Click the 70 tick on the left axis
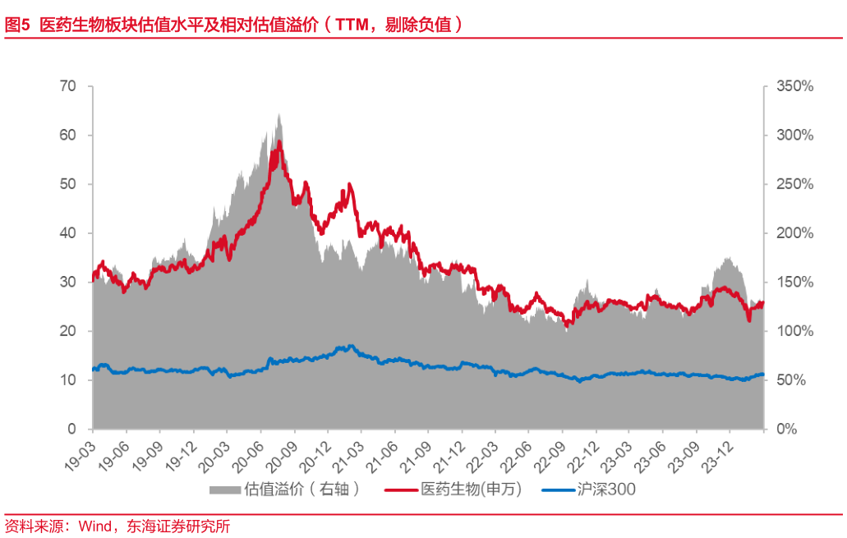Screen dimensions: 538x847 tap(67, 86)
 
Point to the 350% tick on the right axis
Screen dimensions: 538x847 tap(794, 86)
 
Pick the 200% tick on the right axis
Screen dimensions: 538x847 tap(794, 233)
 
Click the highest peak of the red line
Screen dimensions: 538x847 tap(280, 141)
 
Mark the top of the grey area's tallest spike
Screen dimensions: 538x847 tap(279, 113)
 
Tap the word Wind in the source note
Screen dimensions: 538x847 tap(96, 527)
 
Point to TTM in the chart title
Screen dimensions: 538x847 tap(354, 25)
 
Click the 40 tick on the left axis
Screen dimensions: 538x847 tap(67, 233)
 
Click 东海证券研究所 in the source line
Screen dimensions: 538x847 tap(178, 527)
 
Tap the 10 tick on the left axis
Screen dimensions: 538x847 tap(67, 380)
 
